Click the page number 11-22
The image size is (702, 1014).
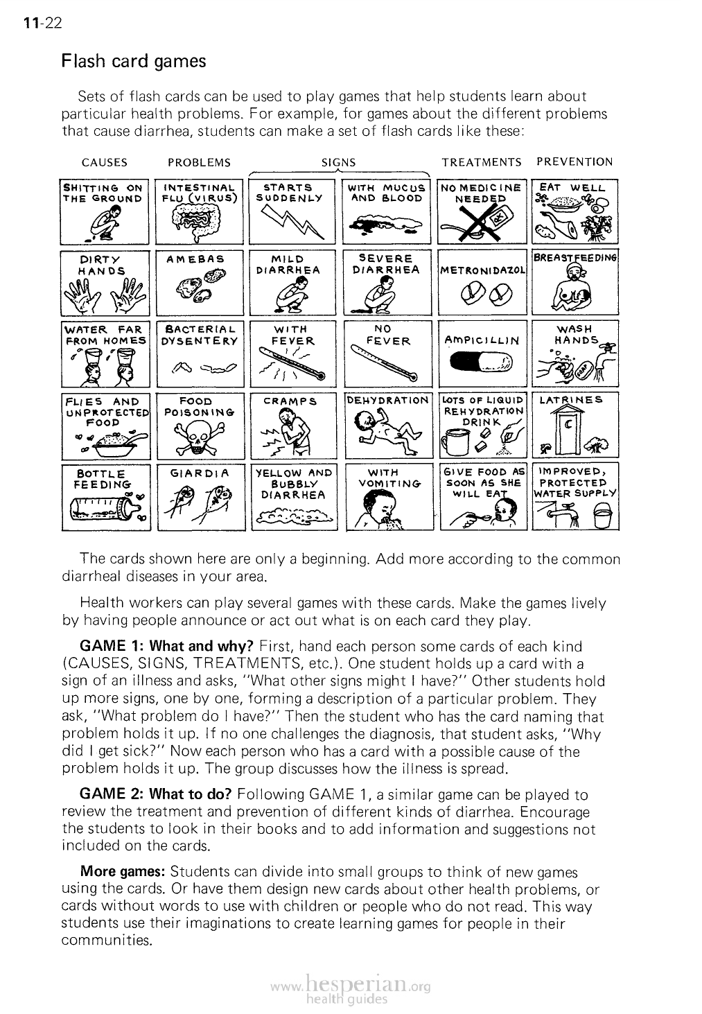[42, 23]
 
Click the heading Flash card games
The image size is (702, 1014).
[134, 62]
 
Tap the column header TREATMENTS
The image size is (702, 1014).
[482, 162]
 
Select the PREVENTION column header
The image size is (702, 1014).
[574, 162]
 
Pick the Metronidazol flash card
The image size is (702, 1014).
[482, 283]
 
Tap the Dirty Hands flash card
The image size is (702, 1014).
[105, 283]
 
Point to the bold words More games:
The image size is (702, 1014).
[123, 871]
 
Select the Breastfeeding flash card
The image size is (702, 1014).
[574, 283]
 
